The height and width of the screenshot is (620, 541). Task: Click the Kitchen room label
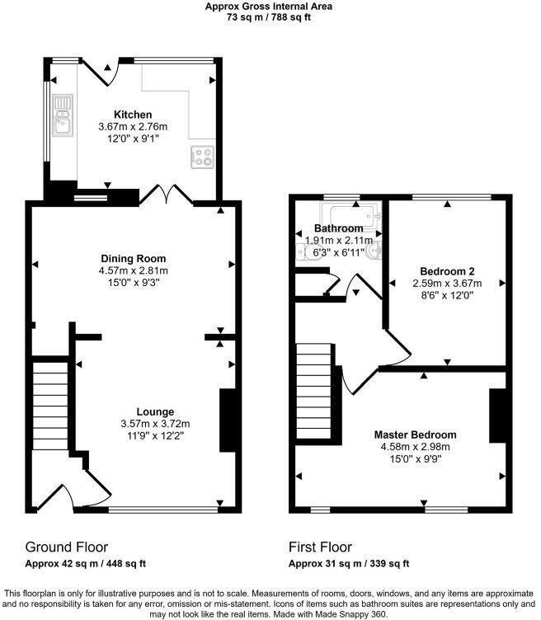tap(133, 115)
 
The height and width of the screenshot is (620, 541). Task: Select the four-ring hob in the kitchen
tap(202, 157)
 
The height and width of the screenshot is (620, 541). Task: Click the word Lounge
tap(155, 411)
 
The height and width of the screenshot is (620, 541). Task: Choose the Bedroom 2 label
tap(446, 270)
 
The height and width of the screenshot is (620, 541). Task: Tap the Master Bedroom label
tap(415, 434)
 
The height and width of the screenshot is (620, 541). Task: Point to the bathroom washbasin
tap(375, 250)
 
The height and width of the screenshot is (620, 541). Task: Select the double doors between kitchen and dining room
tap(167, 195)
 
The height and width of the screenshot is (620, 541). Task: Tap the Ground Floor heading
tap(67, 547)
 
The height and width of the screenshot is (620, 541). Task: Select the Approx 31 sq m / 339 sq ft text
tap(349, 564)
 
